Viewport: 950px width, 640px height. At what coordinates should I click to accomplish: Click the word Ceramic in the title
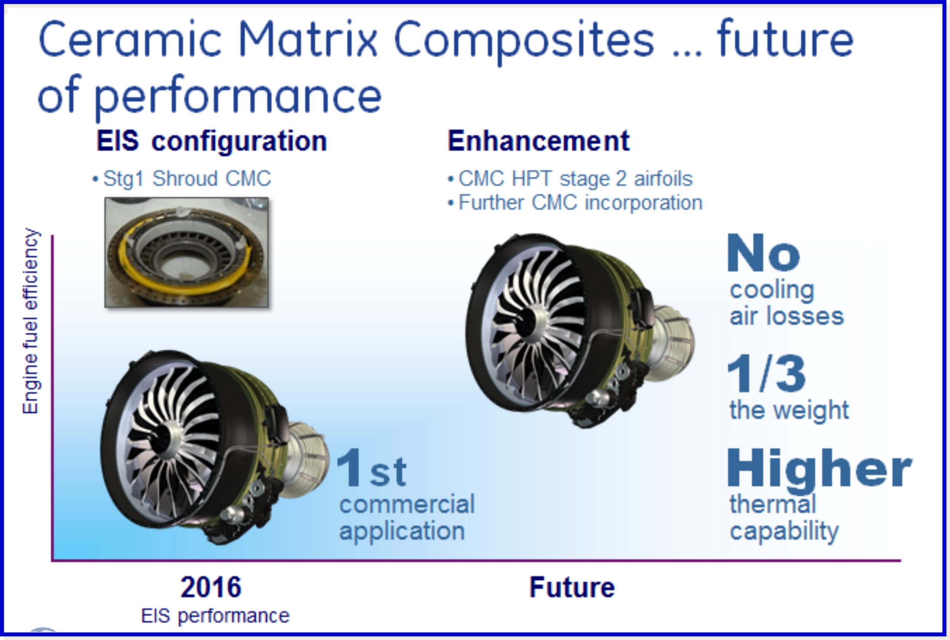(x=130, y=40)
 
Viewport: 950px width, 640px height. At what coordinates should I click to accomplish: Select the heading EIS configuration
(x=212, y=141)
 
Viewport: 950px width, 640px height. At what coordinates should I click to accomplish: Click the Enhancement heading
(x=538, y=141)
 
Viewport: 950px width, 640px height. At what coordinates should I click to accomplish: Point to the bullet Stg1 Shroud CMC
(x=182, y=179)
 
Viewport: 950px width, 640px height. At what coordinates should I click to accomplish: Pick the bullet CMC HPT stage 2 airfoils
(x=570, y=179)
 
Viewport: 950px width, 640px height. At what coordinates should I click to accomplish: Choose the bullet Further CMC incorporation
(x=575, y=203)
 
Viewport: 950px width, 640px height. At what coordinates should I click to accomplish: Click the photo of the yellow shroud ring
(x=187, y=252)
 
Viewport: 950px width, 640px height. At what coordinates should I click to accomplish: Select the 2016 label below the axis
(x=211, y=587)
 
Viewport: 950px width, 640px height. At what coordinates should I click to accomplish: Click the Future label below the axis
(x=572, y=587)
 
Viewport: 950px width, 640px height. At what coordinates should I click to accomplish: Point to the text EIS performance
(x=215, y=616)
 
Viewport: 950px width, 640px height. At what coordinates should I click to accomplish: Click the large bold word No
(x=763, y=253)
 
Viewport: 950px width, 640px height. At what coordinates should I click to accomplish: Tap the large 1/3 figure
(x=766, y=373)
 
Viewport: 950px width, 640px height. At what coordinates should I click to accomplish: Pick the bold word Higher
(x=819, y=469)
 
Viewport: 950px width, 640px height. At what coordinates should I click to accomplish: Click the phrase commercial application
(x=407, y=518)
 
